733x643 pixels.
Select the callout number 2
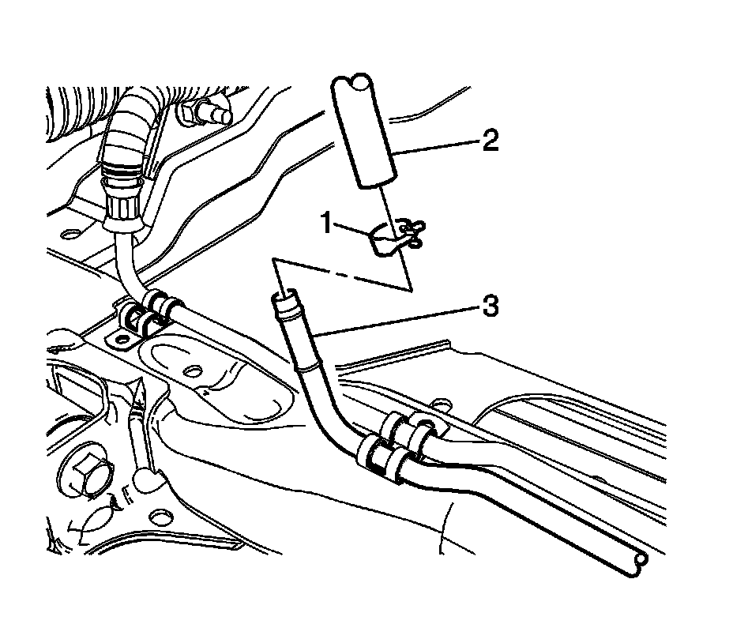click(x=489, y=141)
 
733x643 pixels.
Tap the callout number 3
click(x=490, y=305)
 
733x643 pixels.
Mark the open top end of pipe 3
click(x=285, y=299)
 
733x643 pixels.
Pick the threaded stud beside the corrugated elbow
click(x=207, y=114)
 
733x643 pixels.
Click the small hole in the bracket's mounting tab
click(x=121, y=340)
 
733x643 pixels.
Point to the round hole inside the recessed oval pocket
click(x=190, y=370)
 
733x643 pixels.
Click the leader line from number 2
click(x=435, y=146)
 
